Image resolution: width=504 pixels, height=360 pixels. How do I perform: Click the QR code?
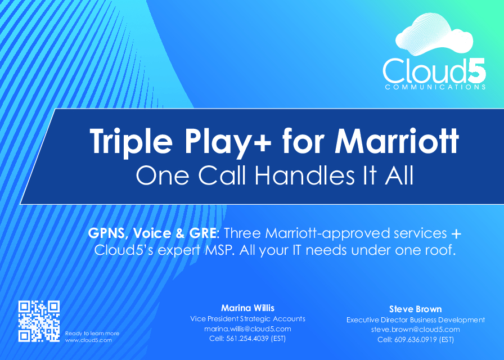tap(39, 321)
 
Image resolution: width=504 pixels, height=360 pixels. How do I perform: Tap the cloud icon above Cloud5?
tap(434, 35)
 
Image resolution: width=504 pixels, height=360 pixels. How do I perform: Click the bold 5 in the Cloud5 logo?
tap(476, 70)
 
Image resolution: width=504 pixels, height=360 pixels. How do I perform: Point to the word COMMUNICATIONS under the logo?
tap(435, 87)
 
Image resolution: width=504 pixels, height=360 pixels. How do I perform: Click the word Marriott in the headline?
tap(397, 141)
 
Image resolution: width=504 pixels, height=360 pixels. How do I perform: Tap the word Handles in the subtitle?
tap(305, 175)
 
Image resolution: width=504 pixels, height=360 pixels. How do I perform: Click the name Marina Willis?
tap(248, 308)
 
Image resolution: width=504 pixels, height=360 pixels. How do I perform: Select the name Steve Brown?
tap(415, 309)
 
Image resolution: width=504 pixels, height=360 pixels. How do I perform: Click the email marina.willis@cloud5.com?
tap(248, 329)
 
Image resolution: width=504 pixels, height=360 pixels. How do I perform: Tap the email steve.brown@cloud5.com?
tap(415, 330)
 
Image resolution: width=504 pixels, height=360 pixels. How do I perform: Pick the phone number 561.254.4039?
tap(247, 339)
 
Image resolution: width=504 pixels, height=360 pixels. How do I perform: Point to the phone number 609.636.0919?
tap(416, 339)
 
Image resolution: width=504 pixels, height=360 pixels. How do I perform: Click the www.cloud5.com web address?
tap(88, 340)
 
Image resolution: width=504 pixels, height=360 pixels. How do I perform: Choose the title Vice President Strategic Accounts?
tap(248, 318)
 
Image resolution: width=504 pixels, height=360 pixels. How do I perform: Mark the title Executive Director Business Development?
tap(416, 320)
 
